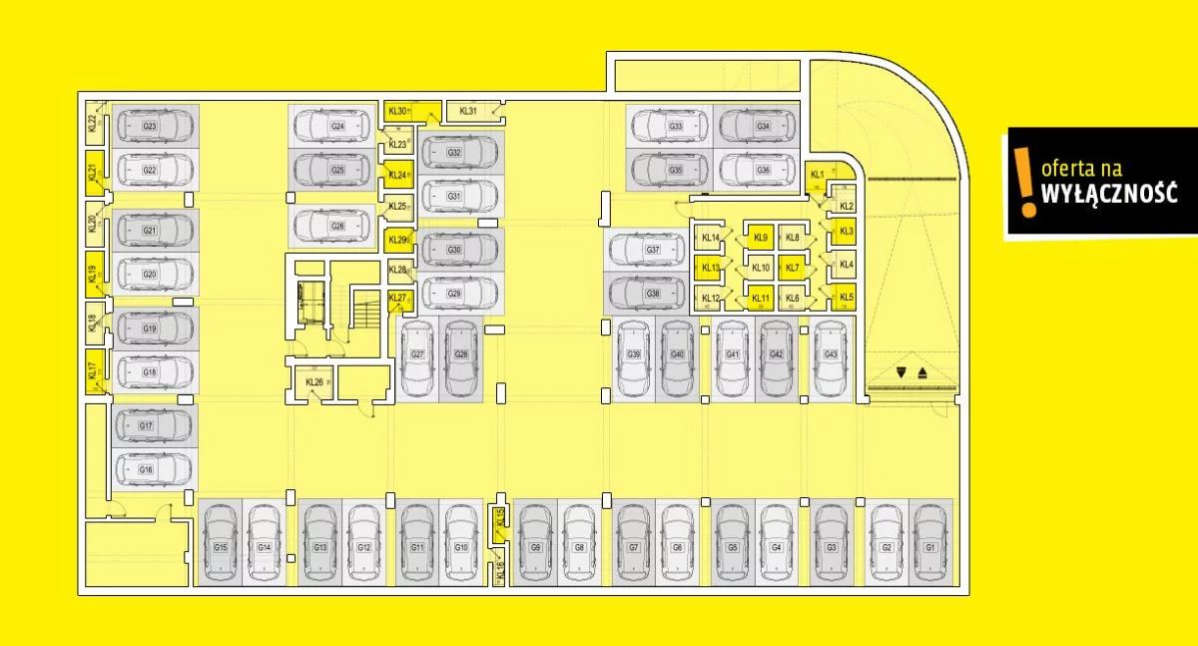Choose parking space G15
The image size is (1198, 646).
[220, 545]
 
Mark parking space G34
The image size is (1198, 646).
[762, 127]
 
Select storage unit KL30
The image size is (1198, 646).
[399, 111]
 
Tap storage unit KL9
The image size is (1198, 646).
[762, 238]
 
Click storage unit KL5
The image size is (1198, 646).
[847, 297]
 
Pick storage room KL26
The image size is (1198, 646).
[314, 382]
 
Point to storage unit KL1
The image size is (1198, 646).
[818, 176]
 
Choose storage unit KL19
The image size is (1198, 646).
[93, 275]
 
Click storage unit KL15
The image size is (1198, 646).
[501, 516]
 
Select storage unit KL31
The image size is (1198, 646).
[469, 111]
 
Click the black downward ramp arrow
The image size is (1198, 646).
[901, 372]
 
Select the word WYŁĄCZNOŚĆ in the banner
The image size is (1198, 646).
[1108, 194]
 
